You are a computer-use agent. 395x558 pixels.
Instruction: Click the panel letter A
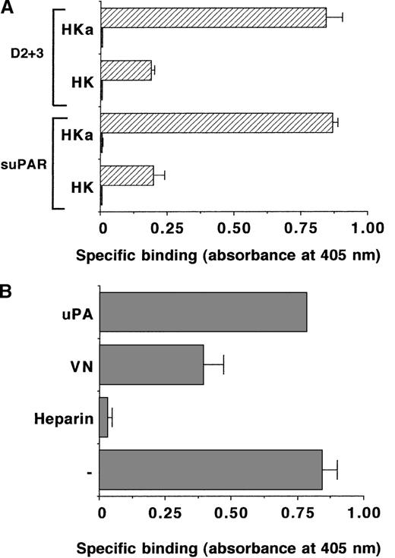coord(8,8)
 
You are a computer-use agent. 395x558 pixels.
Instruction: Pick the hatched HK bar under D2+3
coord(126,71)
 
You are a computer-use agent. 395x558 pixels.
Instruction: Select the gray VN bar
coord(151,364)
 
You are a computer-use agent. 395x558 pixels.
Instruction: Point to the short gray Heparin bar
coord(104,418)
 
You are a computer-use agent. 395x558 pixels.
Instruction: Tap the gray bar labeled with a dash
coord(211,471)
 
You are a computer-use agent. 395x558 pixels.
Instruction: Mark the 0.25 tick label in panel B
coord(166,512)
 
